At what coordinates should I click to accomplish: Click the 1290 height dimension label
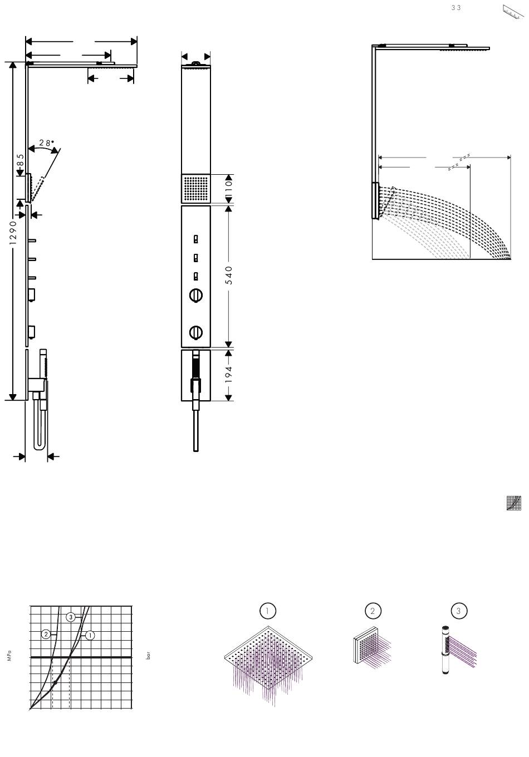tap(13, 233)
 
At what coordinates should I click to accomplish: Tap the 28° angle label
tap(47, 142)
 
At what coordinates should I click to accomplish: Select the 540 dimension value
tap(229, 275)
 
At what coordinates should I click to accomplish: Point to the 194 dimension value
tap(229, 374)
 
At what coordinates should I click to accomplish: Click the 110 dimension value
tap(229, 186)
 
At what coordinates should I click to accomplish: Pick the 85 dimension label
tap(20, 160)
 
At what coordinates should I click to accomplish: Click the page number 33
tap(455, 8)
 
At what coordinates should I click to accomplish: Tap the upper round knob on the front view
tap(195, 295)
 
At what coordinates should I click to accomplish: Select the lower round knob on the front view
tap(195, 332)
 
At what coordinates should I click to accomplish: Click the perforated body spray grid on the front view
tap(195, 189)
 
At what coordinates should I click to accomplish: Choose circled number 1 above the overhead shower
tap(267, 611)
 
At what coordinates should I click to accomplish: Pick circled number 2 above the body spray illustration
tap(373, 611)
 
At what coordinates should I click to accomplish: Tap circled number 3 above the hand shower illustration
tap(459, 611)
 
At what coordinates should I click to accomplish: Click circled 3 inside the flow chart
tap(71, 617)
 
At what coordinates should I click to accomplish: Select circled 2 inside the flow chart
tap(46, 635)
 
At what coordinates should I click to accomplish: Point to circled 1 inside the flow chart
tap(90, 635)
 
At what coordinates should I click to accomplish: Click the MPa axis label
tap(9, 655)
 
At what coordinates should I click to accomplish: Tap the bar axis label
tap(148, 656)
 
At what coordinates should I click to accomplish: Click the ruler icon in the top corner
tap(513, 12)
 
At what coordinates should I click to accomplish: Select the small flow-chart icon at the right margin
tap(514, 503)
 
